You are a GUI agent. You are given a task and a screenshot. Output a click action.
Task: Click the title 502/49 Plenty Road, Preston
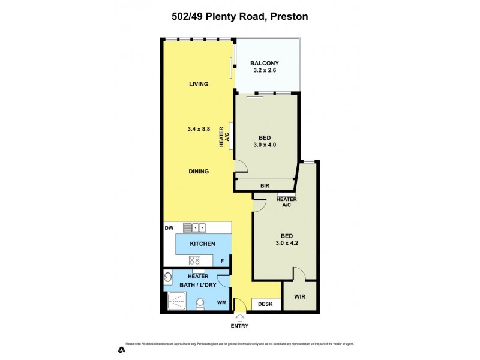(x=239, y=17)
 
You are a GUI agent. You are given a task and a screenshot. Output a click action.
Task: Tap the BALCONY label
(x=265, y=64)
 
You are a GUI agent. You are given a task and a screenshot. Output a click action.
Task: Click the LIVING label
(x=198, y=84)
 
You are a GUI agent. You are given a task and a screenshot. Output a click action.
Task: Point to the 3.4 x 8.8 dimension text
(x=198, y=128)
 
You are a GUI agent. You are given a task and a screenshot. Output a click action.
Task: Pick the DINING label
(x=198, y=172)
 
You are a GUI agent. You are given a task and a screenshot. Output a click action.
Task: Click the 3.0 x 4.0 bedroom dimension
(x=265, y=145)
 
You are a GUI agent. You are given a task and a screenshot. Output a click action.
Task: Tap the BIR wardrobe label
(x=265, y=186)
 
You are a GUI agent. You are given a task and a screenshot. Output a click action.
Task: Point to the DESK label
(x=265, y=304)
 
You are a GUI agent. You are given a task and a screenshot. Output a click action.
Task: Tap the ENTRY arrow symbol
(x=240, y=316)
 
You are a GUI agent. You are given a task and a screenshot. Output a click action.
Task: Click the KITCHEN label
(x=202, y=244)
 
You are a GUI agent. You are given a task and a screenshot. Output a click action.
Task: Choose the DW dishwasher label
(x=169, y=228)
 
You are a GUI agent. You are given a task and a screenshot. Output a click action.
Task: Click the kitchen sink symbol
(x=195, y=227)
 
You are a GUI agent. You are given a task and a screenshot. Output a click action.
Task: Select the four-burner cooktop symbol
(x=195, y=260)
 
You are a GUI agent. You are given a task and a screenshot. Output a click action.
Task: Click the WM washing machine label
(x=221, y=302)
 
